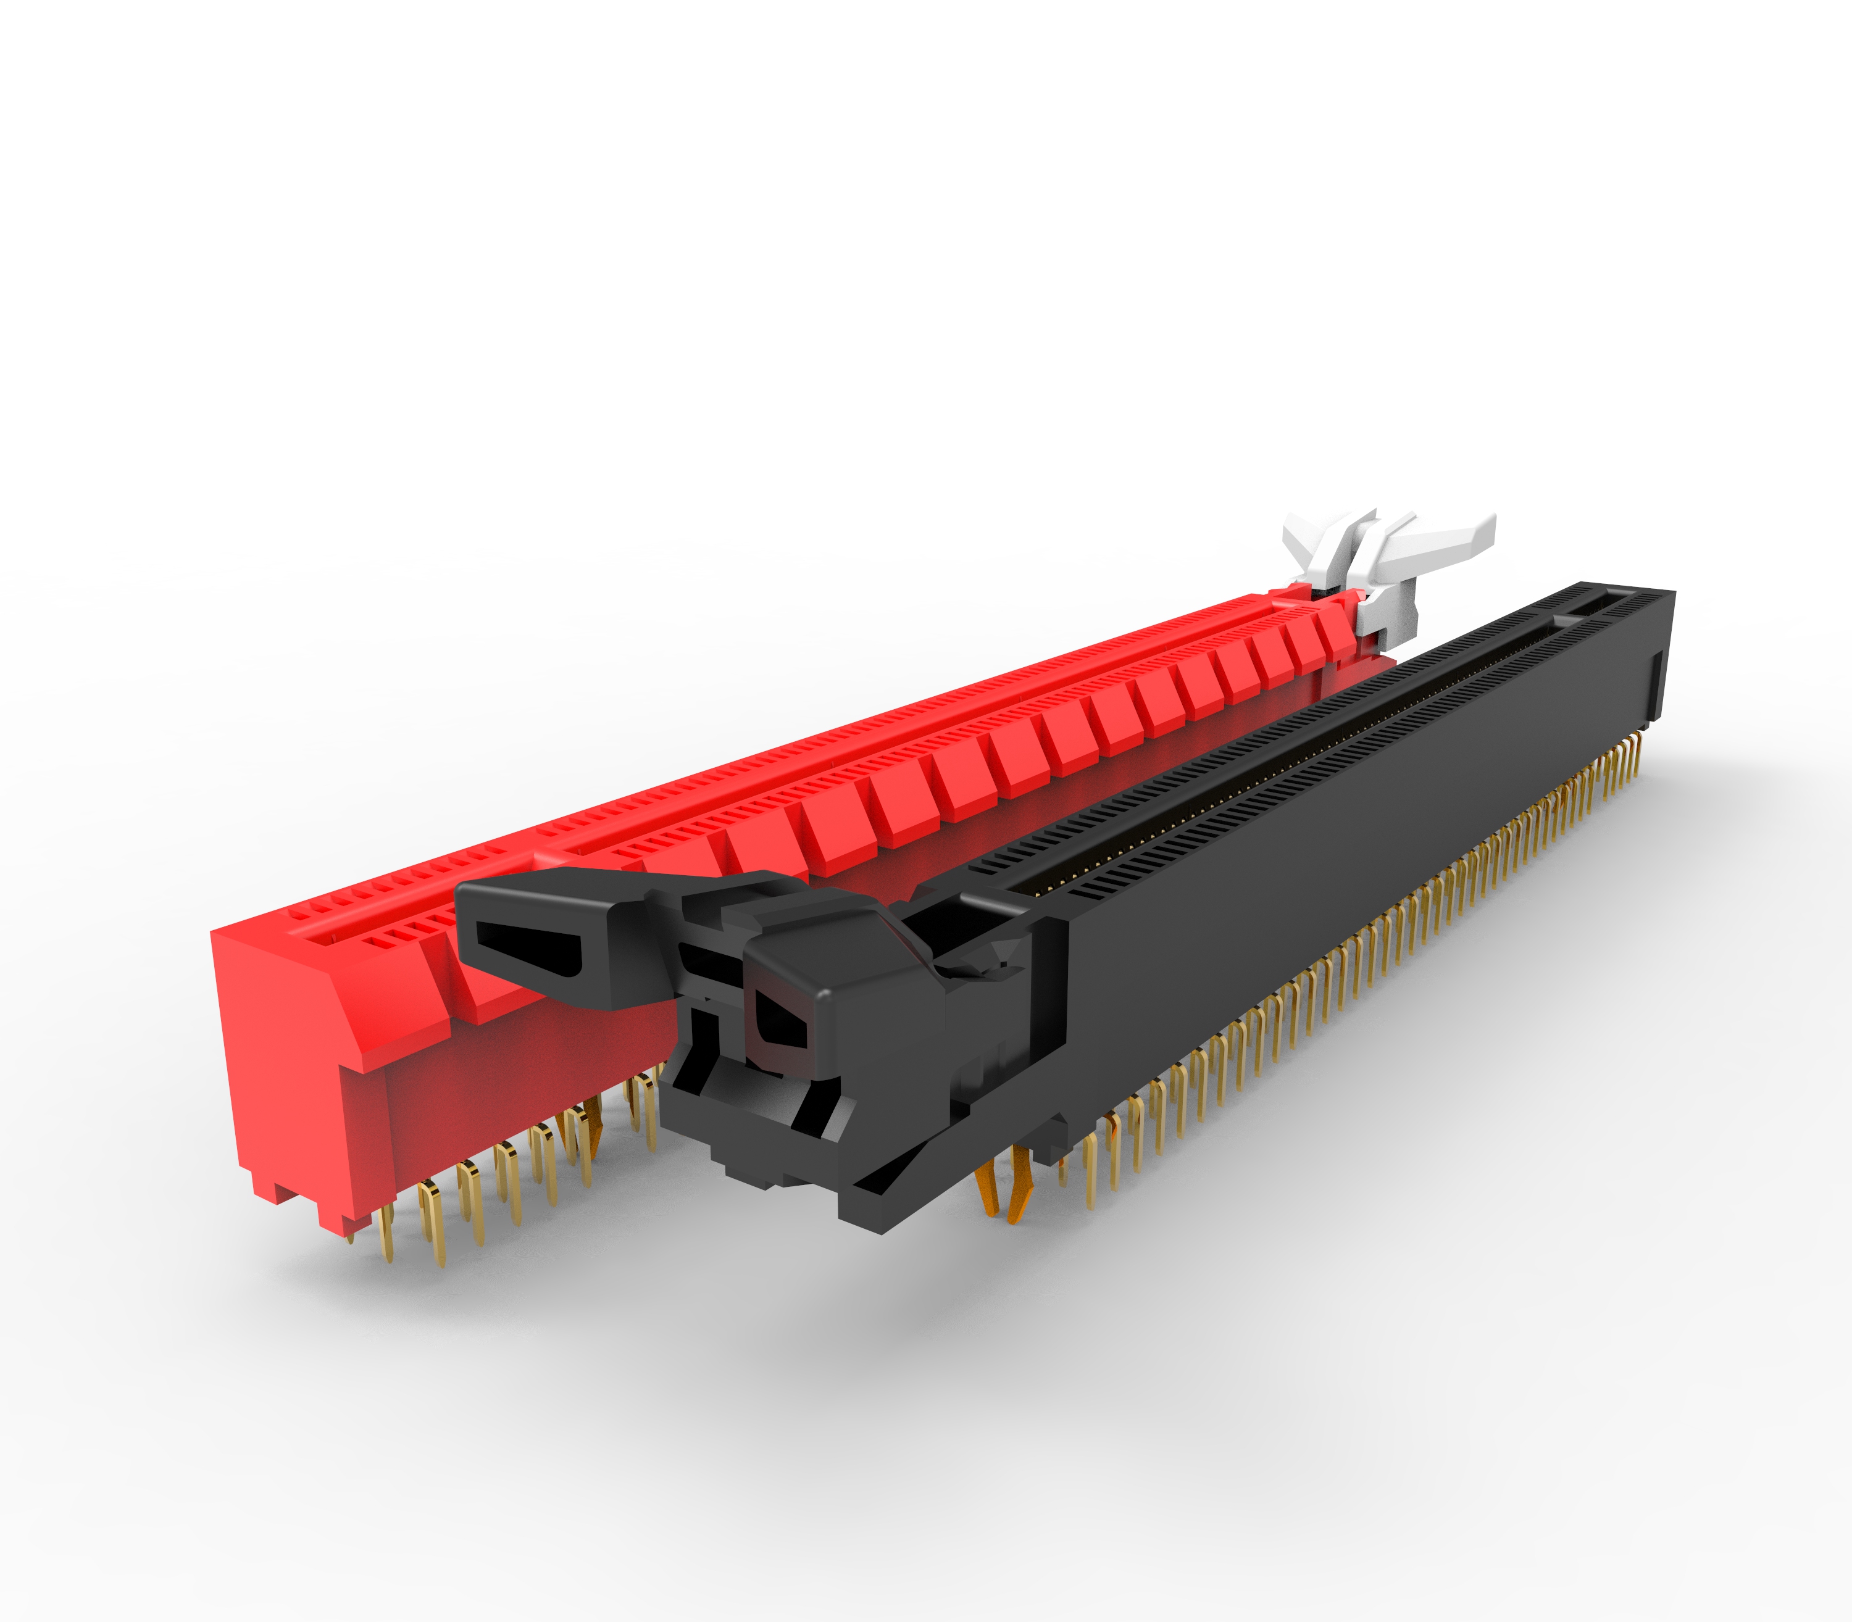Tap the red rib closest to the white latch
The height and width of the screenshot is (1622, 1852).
click(x=1340, y=634)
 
